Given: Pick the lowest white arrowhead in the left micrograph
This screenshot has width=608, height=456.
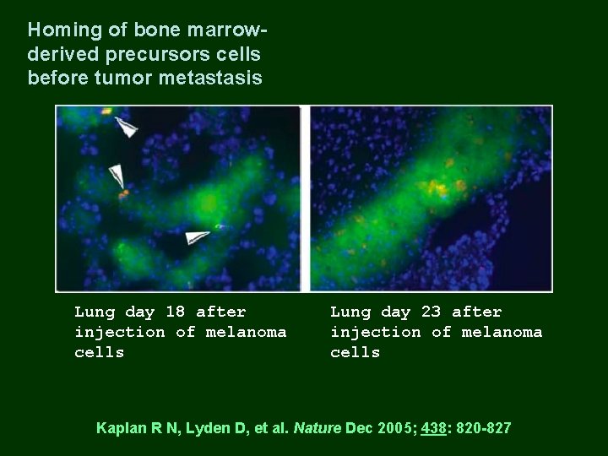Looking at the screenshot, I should [198, 237].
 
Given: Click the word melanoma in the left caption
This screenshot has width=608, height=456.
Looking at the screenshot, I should [246, 332].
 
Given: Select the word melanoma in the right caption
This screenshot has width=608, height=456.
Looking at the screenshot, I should [502, 332].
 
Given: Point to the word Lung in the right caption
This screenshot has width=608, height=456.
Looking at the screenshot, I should [350, 312].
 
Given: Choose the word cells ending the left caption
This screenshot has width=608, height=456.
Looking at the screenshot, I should [99, 352].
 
